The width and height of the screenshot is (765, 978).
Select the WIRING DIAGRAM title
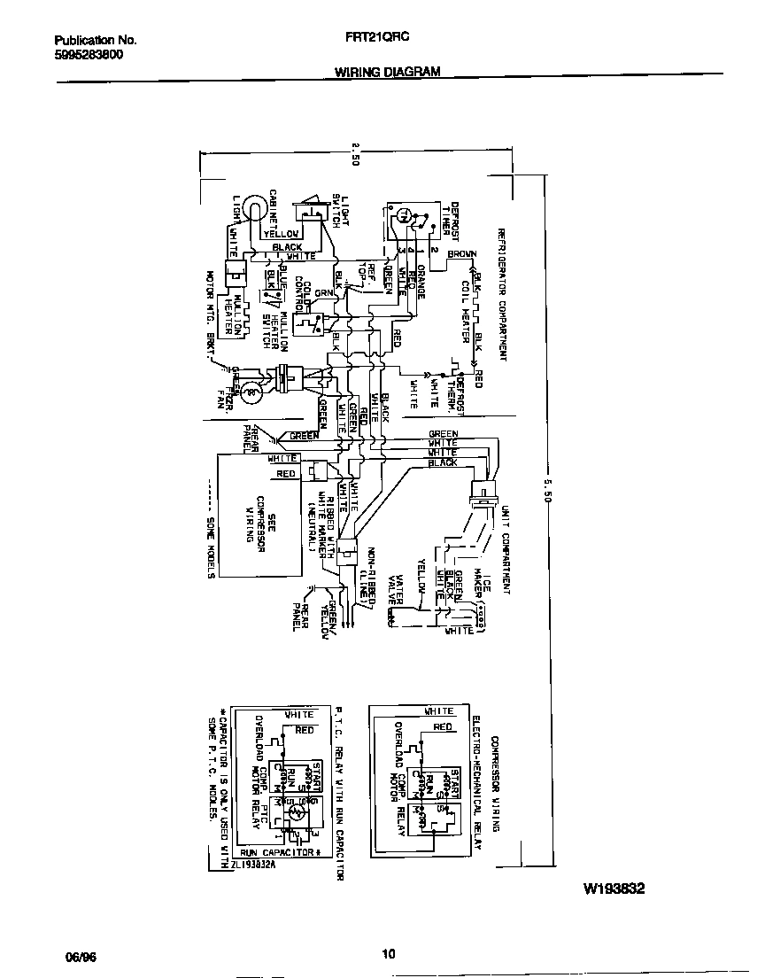click(387, 74)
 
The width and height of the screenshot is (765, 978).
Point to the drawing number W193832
click(613, 888)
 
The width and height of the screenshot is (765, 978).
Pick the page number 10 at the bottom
click(388, 954)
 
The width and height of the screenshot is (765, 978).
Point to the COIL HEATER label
click(465, 313)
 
